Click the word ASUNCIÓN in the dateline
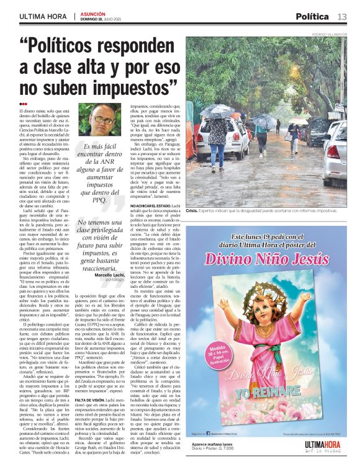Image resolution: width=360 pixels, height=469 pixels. pyautogui.click(x=92, y=13)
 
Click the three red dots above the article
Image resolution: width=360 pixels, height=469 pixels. pyautogui.click(x=23, y=104)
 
